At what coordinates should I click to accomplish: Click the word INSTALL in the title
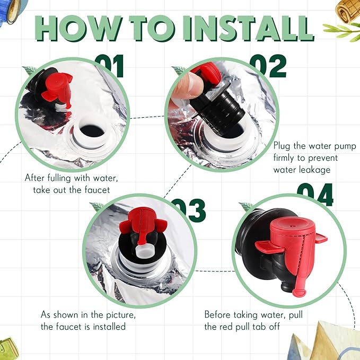[249, 28]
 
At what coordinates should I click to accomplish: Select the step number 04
[315, 194]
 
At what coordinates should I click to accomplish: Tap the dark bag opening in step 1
[92, 131]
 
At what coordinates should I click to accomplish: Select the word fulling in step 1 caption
[59, 178]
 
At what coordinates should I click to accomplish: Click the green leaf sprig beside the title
[342, 32]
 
